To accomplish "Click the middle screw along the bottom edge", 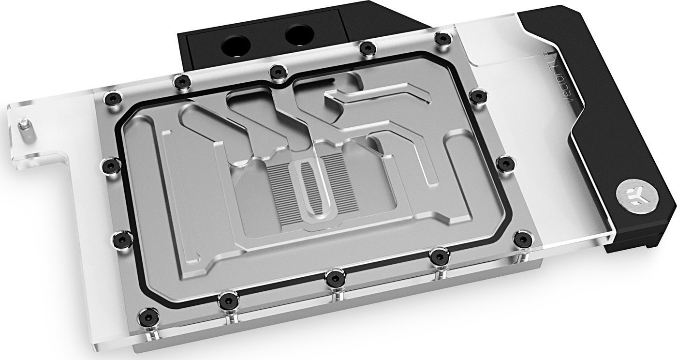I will click(x=332, y=278).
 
